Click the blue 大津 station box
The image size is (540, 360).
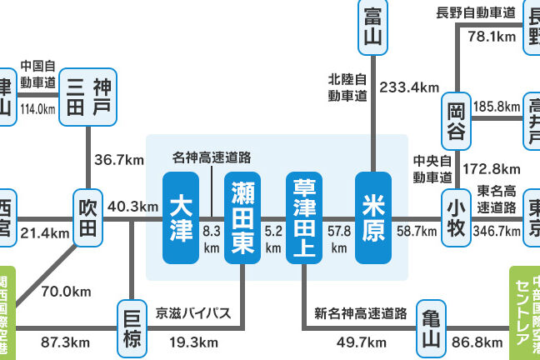point(182,217)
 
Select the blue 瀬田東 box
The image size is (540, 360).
point(244,217)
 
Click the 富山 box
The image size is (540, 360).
point(371,26)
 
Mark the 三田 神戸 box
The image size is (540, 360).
point(89,96)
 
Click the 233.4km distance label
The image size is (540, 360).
point(408,87)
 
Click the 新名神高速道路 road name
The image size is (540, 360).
point(360,314)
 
